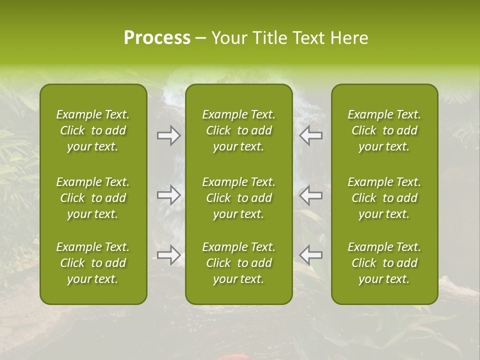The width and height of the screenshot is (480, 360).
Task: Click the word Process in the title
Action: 157,38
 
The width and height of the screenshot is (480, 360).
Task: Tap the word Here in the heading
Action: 349,38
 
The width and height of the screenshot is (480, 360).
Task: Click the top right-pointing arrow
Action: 168,135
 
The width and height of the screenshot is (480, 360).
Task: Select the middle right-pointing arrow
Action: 168,195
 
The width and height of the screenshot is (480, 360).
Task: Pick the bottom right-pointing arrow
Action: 168,255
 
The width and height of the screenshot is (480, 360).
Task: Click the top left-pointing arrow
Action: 310,135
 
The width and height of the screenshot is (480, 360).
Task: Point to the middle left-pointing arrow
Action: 310,195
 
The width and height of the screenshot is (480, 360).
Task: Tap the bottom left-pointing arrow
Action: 310,255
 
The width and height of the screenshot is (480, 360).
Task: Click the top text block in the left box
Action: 93,130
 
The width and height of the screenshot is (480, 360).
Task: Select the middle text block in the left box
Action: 93,198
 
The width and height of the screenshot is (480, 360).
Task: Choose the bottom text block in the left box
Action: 93,263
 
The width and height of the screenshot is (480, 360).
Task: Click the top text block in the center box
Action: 239,130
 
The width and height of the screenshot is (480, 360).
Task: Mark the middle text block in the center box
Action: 239,198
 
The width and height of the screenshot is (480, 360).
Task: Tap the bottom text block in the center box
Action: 239,263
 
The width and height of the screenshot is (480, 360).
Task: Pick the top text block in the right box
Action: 384,130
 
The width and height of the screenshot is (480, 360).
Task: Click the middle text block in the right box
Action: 384,198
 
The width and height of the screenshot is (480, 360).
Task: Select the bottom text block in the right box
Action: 384,263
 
